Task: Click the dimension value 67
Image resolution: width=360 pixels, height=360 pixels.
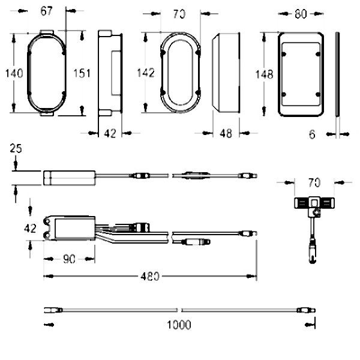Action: coord(46,10)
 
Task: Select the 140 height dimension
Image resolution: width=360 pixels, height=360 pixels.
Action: coord(13,73)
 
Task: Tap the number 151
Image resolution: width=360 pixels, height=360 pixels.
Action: coord(82,73)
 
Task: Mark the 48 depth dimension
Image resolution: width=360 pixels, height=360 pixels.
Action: coord(226,135)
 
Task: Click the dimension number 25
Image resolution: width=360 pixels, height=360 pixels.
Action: coord(16,148)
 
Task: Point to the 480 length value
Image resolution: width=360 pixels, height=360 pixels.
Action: coord(150,277)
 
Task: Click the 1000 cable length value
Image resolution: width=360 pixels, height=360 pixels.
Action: coord(179,325)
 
